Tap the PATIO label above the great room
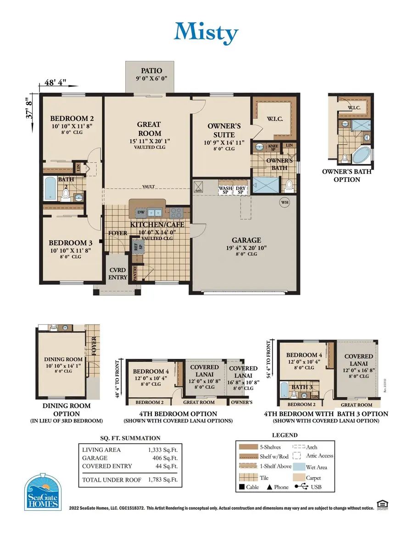coord(151,70)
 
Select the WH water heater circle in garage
coord(285,202)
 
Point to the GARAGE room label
coord(246,240)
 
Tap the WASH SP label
coord(225,190)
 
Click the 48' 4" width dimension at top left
coord(56,83)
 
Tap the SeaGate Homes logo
coord(43,492)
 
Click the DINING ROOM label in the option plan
coord(63,359)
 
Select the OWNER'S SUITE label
coord(221,130)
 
